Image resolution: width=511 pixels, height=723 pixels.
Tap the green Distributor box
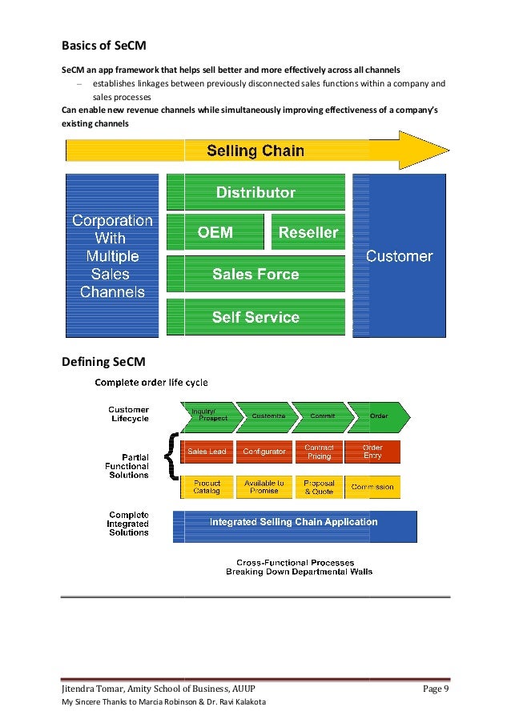point(255,193)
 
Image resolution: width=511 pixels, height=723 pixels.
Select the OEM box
point(215,233)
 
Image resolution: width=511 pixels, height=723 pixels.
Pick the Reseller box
point(308,233)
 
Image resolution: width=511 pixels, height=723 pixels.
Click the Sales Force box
point(255,274)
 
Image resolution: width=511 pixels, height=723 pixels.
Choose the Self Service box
point(255,317)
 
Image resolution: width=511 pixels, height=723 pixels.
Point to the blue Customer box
point(399,256)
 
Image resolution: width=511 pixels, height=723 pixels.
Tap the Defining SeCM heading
point(103,362)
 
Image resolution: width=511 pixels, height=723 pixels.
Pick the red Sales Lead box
point(207,452)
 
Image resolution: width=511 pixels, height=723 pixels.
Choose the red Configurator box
point(264,452)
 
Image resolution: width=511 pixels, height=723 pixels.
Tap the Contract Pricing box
point(319,452)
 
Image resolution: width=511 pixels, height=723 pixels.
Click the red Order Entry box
point(372,452)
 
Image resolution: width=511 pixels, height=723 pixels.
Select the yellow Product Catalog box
point(207,487)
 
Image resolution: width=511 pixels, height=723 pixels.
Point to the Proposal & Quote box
point(319,487)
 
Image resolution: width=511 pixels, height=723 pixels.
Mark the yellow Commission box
point(372,487)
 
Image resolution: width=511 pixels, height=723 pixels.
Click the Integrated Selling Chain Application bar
point(294,522)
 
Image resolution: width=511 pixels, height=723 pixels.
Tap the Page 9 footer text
point(436,689)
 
